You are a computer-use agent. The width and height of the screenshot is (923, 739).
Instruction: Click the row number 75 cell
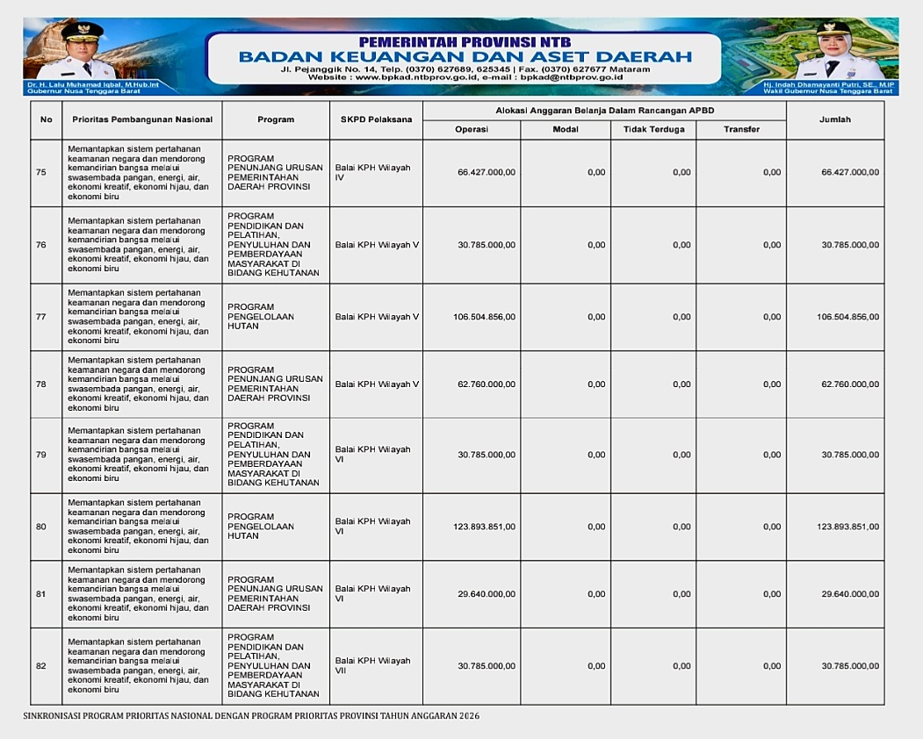coord(41,173)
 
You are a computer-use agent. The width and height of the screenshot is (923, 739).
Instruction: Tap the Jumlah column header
coord(834,120)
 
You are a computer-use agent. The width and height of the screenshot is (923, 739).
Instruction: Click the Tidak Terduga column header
coord(653,129)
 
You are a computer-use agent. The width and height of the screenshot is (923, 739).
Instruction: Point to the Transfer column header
coord(741,129)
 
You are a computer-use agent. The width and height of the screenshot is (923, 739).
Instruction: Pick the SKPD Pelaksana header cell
coord(376,120)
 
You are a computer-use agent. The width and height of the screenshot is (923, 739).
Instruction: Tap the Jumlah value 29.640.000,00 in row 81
coord(849,594)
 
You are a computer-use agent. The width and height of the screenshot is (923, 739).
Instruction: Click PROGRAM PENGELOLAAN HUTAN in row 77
coord(261,317)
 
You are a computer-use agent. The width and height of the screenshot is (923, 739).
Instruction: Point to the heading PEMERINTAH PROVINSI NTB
coord(465,41)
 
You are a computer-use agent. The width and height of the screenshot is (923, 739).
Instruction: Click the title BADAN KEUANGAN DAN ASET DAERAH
coord(465,57)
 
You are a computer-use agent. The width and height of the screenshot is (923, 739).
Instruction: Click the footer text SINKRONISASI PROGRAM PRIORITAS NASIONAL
coord(251,716)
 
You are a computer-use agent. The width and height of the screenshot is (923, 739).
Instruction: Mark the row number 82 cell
coord(41,666)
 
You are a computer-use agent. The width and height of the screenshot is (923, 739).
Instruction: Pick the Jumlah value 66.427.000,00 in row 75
coord(849,173)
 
